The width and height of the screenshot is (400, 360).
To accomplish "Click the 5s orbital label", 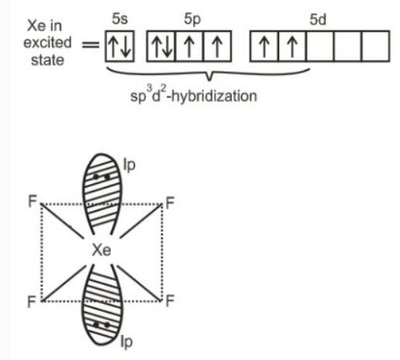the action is click(x=119, y=19).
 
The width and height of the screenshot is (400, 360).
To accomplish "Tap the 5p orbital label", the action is click(x=192, y=19).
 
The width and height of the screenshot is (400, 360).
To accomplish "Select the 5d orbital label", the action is click(x=318, y=19).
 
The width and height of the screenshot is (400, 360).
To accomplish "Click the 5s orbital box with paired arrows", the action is click(x=119, y=47).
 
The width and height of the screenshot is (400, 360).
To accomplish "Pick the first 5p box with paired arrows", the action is click(x=161, y=47).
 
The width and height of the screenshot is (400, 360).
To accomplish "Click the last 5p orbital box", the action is click(x=217, y=47).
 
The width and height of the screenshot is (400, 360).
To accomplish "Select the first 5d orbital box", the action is click(x=264, y=47).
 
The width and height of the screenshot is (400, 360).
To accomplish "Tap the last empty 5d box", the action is click(x=375, y=47).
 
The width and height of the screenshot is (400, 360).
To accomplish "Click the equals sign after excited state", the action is click(x=91, y=45).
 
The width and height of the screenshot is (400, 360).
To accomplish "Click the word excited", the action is click(x=47, y=43).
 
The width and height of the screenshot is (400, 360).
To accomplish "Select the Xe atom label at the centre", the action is click(x=102, y=250).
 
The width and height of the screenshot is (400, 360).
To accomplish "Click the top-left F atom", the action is click(x=33, y=201).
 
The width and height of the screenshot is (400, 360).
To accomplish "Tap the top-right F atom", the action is click(x=170, y=203).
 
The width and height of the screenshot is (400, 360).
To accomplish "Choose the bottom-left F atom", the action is click(x=32, y=302).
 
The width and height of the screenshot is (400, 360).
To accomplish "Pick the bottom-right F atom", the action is click(x=170, y=300).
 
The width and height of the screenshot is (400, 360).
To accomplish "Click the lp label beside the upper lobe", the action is click(x=129, y=164).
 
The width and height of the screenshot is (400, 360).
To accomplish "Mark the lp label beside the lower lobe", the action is click(x=126, y=342).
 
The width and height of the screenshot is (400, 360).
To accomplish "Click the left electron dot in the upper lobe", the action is click(x=96, y=177).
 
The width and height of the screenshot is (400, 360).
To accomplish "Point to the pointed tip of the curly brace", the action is click(x=209, y=81).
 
